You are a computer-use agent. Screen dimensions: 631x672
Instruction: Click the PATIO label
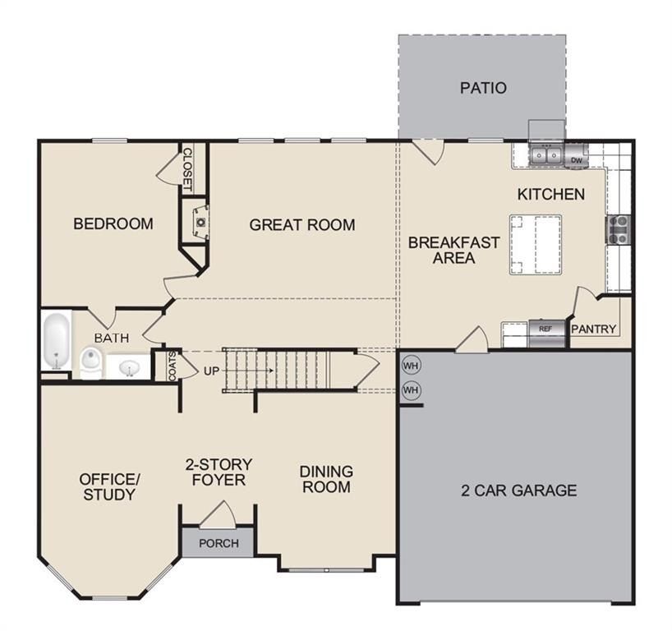[483, 88]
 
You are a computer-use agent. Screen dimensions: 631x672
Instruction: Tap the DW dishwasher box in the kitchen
[577, 159]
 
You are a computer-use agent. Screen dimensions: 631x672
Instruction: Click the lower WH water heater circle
[411, 389]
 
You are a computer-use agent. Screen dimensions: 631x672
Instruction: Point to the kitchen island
[536, 244]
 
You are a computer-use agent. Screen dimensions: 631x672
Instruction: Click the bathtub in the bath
[56, 341]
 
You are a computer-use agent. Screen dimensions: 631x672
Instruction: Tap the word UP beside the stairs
[212, 371]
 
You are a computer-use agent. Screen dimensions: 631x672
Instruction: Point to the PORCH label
[219, 543]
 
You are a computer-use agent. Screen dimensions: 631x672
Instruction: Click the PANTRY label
[593, 329]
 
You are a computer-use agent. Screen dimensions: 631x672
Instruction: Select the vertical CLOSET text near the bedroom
[187, 168]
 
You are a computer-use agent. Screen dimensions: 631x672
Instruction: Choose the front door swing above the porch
[218, 514]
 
